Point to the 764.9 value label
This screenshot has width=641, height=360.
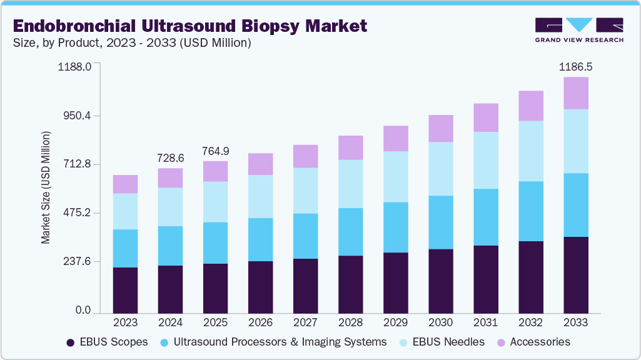[215, 151]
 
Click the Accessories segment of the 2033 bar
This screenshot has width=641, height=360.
[575, 93]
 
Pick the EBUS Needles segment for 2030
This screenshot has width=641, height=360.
[440, 169]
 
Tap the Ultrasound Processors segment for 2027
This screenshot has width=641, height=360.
[305, 236]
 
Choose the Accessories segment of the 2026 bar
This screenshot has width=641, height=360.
[260, 164]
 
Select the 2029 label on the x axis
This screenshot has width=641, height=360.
[395, 323]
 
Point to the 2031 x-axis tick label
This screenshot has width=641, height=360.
[485, 323]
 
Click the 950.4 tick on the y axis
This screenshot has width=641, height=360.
[74, 116]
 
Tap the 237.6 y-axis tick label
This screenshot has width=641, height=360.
[74, 261]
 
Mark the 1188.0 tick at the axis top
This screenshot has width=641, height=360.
[74, 66]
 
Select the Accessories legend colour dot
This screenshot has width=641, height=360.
[501, 342]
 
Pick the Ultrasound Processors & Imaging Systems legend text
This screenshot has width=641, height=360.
[280, 342]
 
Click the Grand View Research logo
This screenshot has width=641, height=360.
[578, 30]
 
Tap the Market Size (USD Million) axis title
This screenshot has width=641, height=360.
[46, 187]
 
